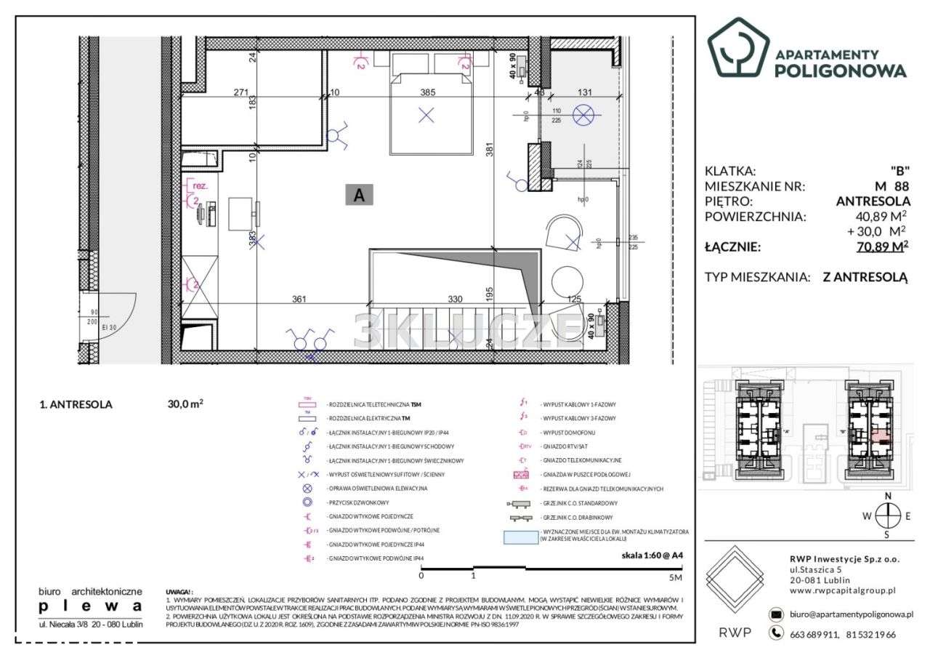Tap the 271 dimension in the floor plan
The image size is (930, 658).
pos(222,92)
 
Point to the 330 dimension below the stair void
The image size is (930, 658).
pos(454,299)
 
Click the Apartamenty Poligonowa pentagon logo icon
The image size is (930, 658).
pos(738,47)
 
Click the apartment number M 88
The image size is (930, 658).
pos(891,186)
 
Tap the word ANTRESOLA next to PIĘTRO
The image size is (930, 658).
pos(870,201)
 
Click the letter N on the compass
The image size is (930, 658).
pos(887,496)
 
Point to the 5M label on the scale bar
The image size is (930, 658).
pos(675,577)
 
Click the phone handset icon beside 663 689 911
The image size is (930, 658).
pos(777,634)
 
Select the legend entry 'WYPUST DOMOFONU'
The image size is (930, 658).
pos(565,433)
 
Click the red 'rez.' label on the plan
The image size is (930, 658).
pos(197,185)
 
